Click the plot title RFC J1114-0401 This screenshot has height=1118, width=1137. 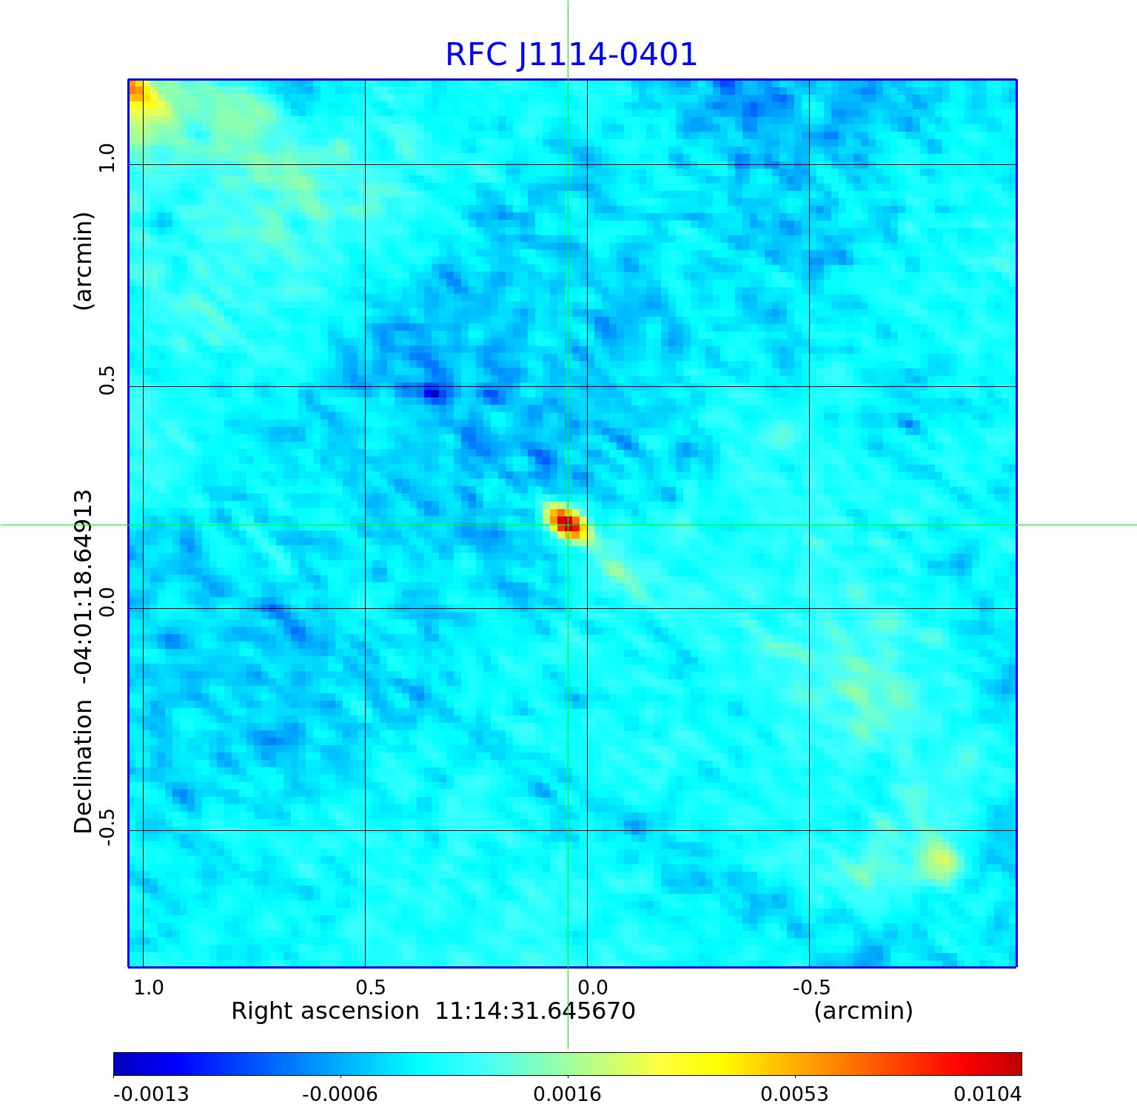tap(571, 55)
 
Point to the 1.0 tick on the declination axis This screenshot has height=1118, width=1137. tap(108, 158)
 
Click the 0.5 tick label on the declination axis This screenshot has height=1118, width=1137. tap(108, 380)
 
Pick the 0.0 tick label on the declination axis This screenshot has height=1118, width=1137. tap(108, 602)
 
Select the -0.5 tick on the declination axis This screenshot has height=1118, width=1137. tap(108, 826)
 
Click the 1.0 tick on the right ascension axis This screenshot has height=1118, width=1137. tap(148, 987)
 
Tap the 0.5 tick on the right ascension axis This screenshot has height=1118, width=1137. tap(370, 987)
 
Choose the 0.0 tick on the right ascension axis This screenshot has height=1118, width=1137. tap(592, 987)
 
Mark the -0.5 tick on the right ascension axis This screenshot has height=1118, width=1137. tap(811, 987)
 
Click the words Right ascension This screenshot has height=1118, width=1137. tap(325, 1011)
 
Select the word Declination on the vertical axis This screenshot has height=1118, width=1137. tap(83, 766)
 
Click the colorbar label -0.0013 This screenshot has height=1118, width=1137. tap(151, 1094)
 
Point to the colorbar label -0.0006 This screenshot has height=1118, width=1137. tap(340, 1094)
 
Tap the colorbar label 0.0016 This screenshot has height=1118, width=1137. tap(567, 1094)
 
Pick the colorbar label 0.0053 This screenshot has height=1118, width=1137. tap(794, 1094)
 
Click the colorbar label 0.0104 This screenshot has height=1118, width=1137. tap(987, 1094)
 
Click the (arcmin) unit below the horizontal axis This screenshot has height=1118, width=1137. tap(863, 1011)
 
